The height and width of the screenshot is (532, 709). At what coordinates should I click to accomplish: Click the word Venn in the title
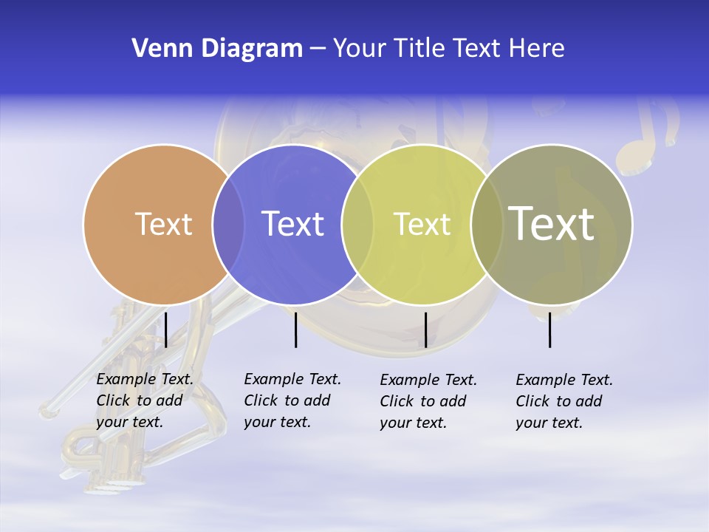click(157, 49)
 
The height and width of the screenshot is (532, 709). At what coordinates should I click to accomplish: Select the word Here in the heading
click(537, 49)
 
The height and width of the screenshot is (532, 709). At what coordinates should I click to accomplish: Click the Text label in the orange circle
click(163, 224)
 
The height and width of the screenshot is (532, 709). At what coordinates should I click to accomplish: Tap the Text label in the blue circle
click(292, 224)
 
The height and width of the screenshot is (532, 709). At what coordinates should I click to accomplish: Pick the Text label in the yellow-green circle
click(422, 224)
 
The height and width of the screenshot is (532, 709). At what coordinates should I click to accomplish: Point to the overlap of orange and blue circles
click(228, 224)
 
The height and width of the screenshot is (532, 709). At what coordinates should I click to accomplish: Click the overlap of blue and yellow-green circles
click(357, 224)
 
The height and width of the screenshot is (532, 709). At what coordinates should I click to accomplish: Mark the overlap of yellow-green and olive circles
click(485, 224)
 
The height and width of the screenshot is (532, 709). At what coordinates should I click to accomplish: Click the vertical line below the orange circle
click(166, 330)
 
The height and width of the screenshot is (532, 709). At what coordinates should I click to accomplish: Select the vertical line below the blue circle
click(295, 330)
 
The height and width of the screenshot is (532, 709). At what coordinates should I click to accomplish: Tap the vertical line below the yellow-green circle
click(425, 330)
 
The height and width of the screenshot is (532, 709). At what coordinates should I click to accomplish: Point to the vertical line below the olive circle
click(550, 330)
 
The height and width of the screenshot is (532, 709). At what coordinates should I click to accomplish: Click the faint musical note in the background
click(646, 137)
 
